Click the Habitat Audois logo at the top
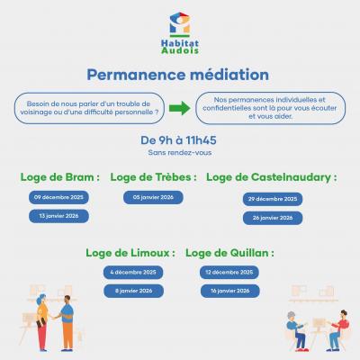[x=179, y=34]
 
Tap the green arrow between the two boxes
[x=179, y=108]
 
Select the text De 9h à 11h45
[x=179, y=140]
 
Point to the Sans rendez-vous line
[x=179, y=154]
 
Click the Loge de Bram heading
[x=59, y=176]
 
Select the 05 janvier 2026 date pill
[x=153, y=197]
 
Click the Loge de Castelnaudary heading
[x=271, y=176]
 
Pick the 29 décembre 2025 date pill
[x=272, y=199]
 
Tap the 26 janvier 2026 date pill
[x=272, y=218]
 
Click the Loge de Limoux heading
[x=130, y=253]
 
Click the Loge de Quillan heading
[x=230, y=253]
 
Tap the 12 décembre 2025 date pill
[x=229, y=272]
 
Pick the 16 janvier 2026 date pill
[x=229, y=291]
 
